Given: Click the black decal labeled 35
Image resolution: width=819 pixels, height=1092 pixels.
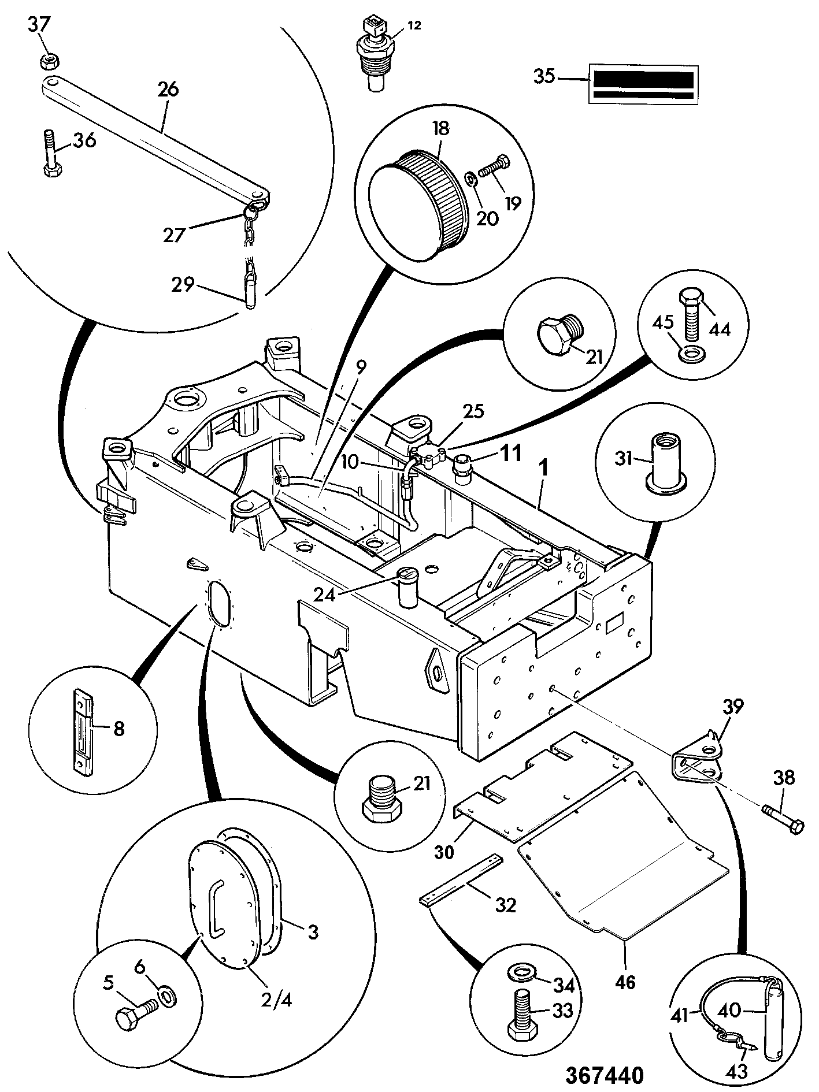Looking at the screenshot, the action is click(x=642, y=84).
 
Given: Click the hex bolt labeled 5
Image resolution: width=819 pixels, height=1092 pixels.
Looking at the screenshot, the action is click(x=136, y=1015).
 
